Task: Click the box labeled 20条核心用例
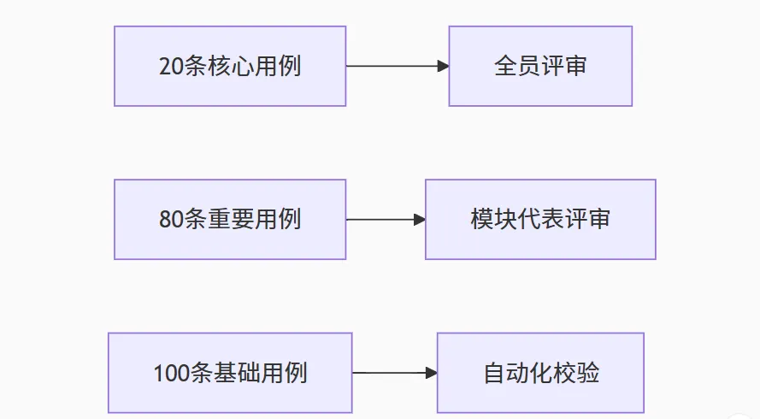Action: coord(229,66)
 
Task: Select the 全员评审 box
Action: coord(540,66)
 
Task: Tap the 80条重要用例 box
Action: coord(229,220)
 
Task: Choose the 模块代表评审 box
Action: coord(540,220)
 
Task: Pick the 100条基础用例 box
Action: coord(229,373)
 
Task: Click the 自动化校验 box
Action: coord(540,373)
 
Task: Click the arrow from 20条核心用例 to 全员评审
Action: coord(393,66)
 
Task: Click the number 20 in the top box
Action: coord(169,67)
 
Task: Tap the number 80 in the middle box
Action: coord(169,220)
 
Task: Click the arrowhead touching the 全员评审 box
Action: coord(443,66)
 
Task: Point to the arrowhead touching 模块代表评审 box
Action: coord(420,220)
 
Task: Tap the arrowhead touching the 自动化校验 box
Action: coord(432,373)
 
